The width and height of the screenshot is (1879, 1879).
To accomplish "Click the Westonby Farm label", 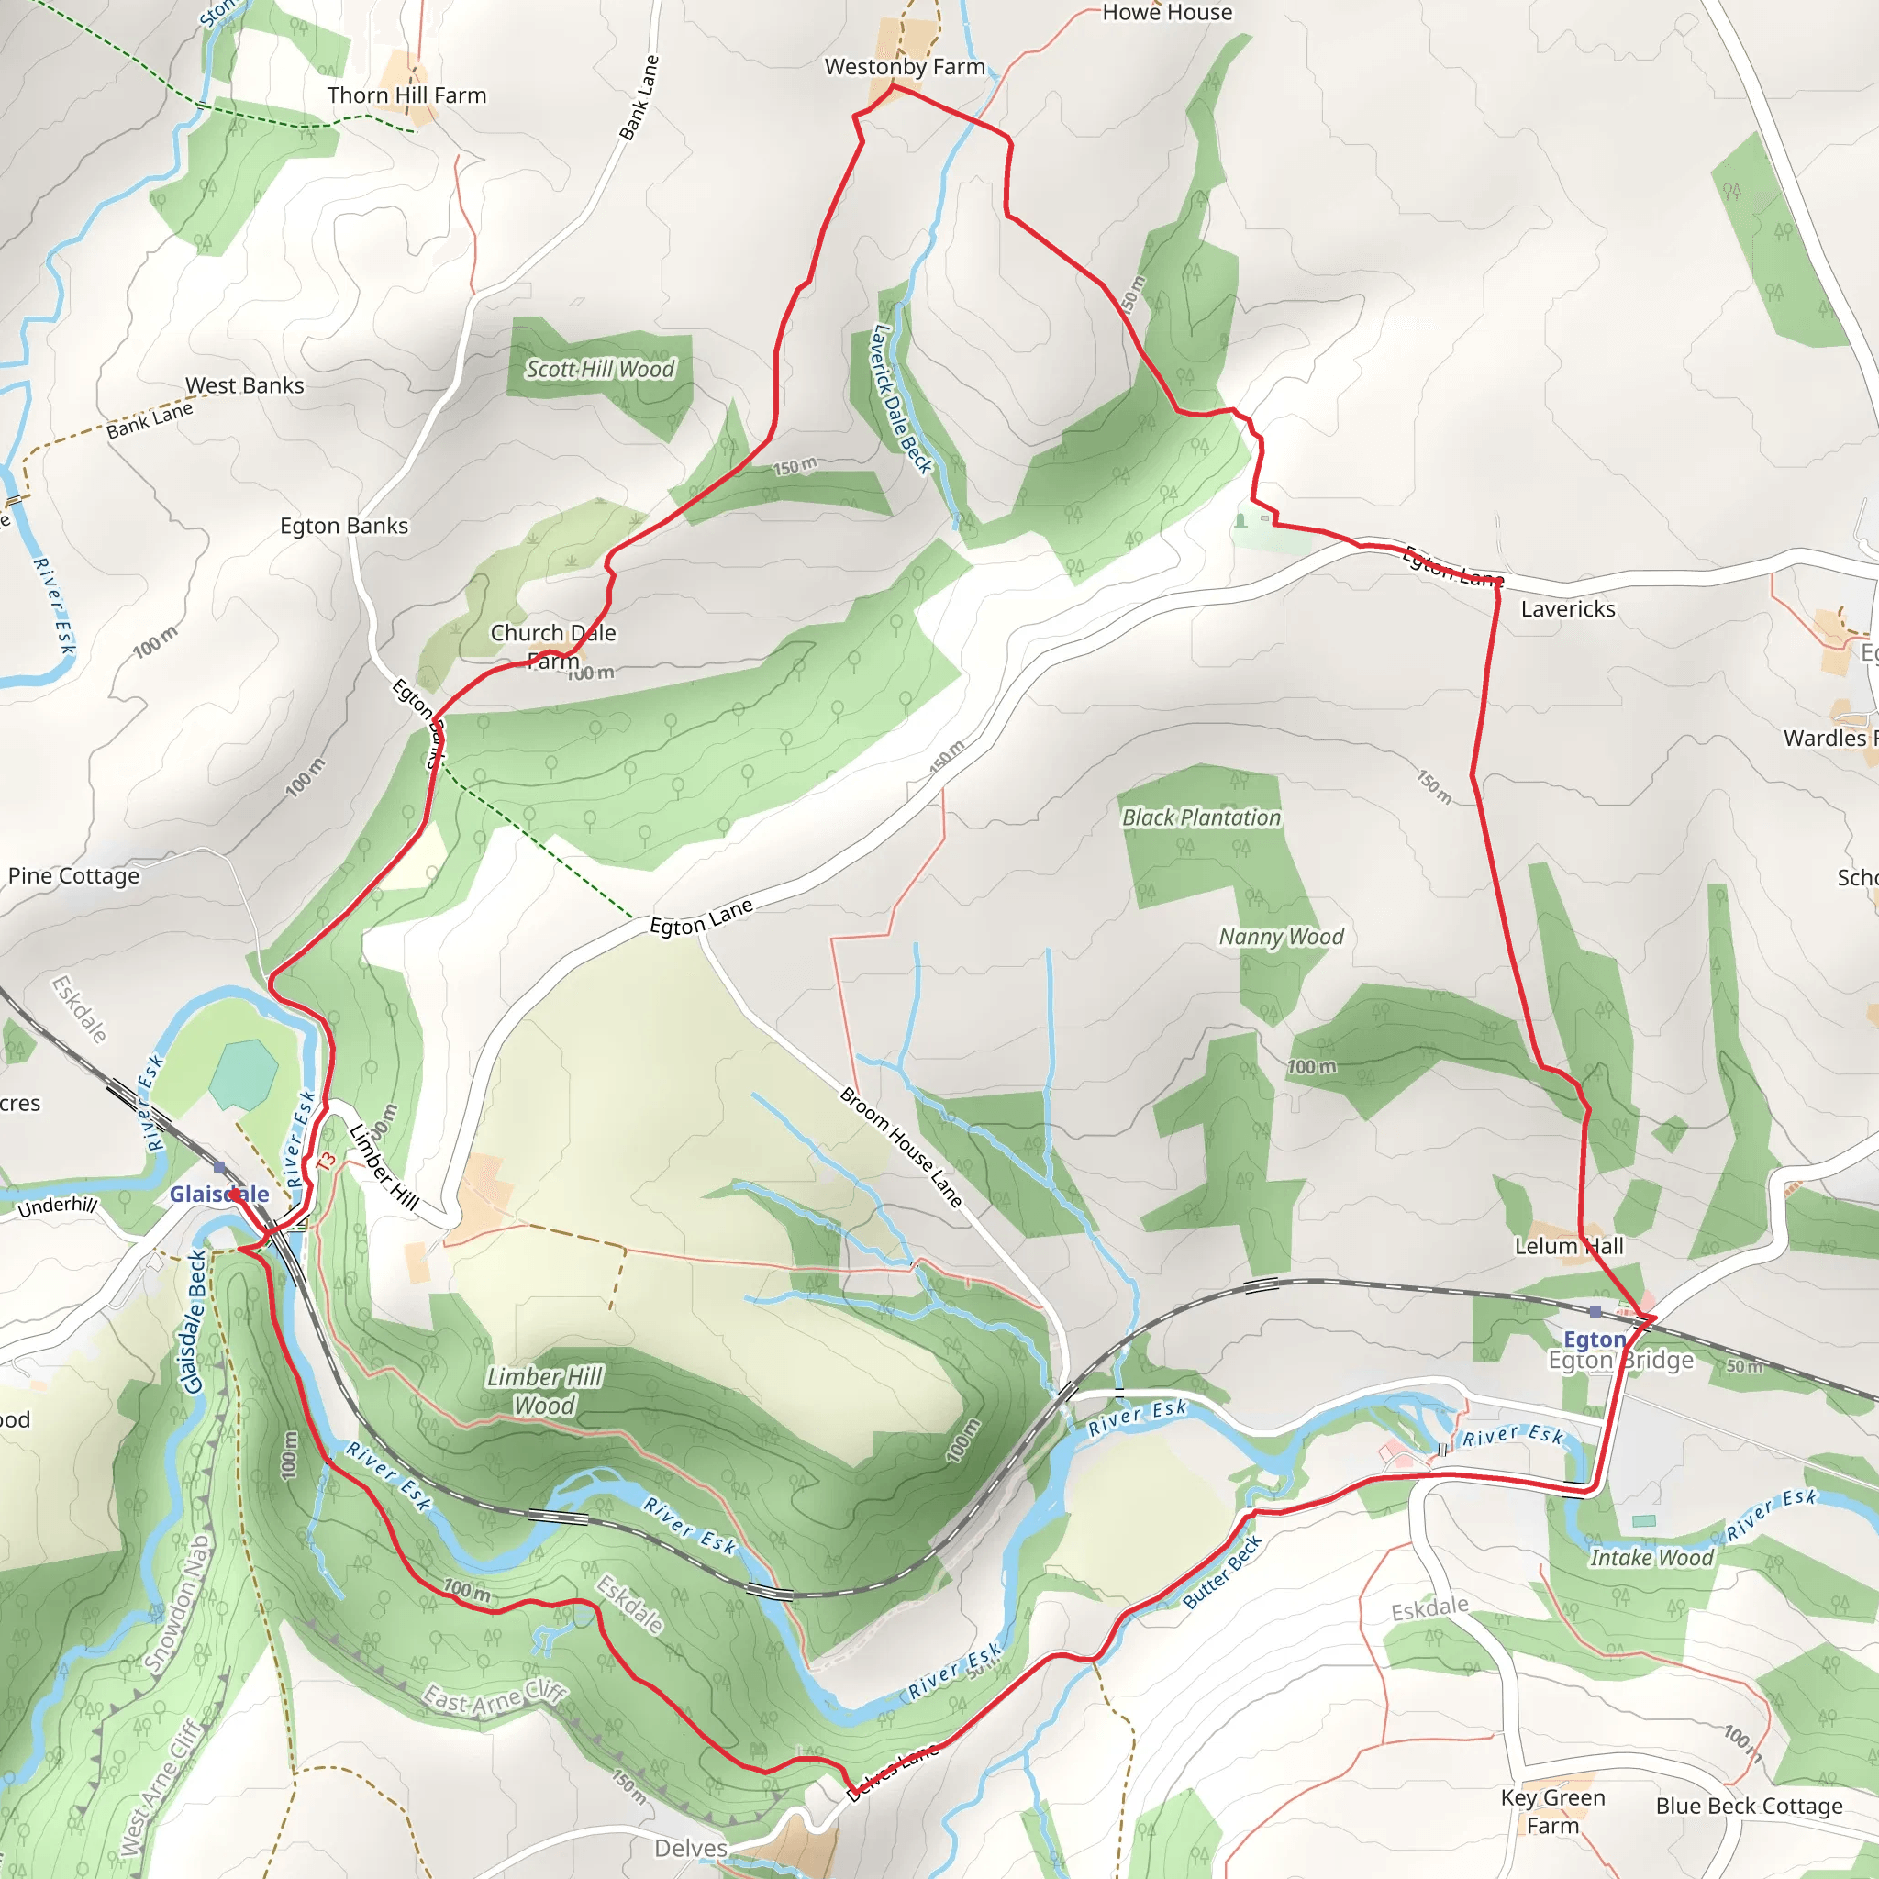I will tap(905, 67).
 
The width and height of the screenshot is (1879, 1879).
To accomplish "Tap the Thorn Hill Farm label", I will tap(406, 95).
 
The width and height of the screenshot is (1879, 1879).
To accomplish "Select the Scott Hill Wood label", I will tap(600, 370).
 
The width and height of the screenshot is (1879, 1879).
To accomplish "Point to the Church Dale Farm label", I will tap(552, 647).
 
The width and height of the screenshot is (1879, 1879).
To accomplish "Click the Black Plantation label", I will tap(1201, 817).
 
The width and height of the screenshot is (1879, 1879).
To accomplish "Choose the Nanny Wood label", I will tap(1281, 937).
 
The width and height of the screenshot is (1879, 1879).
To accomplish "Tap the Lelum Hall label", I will tap(1569, 1246).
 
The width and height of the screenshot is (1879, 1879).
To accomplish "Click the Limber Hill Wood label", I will tap(545, 1391).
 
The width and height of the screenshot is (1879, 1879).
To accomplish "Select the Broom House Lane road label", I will tap(901, 1148).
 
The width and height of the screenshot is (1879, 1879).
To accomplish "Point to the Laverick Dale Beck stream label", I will tap(901, 399).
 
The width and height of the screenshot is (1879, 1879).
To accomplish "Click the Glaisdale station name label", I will tap(219, 1195).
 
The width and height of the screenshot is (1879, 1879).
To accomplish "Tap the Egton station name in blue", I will tap(1594, 1340).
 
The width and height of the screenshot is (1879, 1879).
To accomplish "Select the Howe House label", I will tap(1166, 13).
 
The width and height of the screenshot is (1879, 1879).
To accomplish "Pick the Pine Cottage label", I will tap(74, 876).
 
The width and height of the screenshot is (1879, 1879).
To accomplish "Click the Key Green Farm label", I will tap(1552, 1811).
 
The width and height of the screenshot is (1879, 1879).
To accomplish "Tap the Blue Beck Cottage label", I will tap(1749, 1806).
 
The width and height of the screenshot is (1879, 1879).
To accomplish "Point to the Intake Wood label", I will tap(1651, 1558).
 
